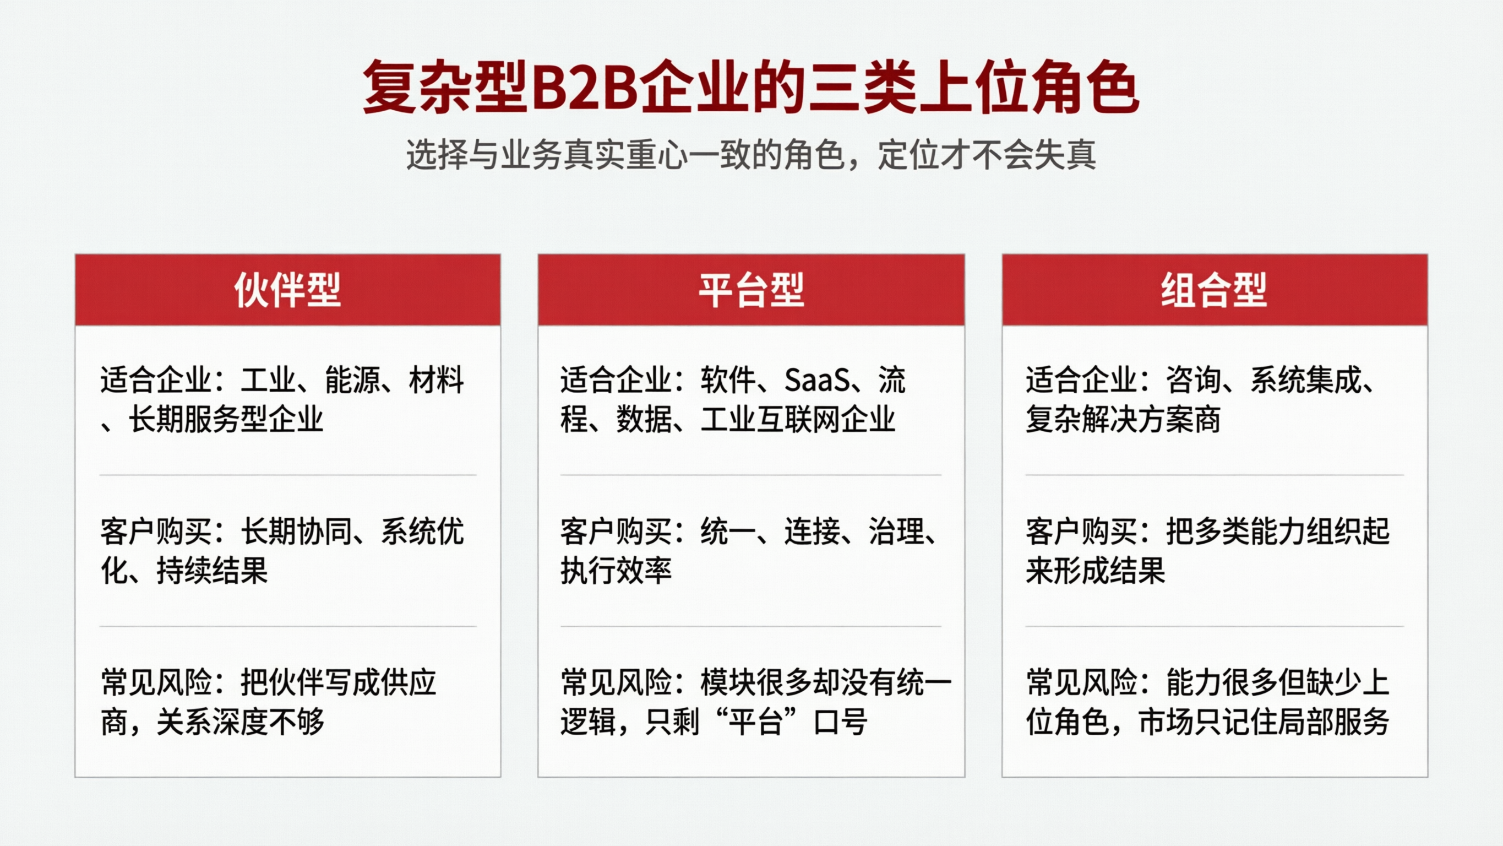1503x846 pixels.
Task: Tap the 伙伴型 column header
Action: [287, 290]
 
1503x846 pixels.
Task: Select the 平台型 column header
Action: [751, 290]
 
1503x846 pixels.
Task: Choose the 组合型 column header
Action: [1213, 290]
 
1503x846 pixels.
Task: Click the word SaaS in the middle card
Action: [817, 380]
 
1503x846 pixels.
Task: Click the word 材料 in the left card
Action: [437, 380]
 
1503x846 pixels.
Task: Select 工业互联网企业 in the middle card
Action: [798, 419]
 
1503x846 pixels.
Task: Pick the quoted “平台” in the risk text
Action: [756, 722]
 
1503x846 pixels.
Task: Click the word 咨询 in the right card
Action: [1193, 380]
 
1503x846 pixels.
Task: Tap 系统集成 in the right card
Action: [1306, 380]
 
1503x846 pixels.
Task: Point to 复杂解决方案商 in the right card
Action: [1123, 419]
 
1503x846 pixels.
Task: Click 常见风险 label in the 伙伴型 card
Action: [156, 682]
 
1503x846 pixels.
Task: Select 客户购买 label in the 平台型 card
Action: [616, 532]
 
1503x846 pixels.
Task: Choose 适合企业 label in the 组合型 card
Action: [1081, 380]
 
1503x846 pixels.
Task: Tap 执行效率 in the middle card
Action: [616, 571]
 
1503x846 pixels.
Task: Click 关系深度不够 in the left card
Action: [240, 722]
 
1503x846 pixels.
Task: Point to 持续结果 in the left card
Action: [212, 571]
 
